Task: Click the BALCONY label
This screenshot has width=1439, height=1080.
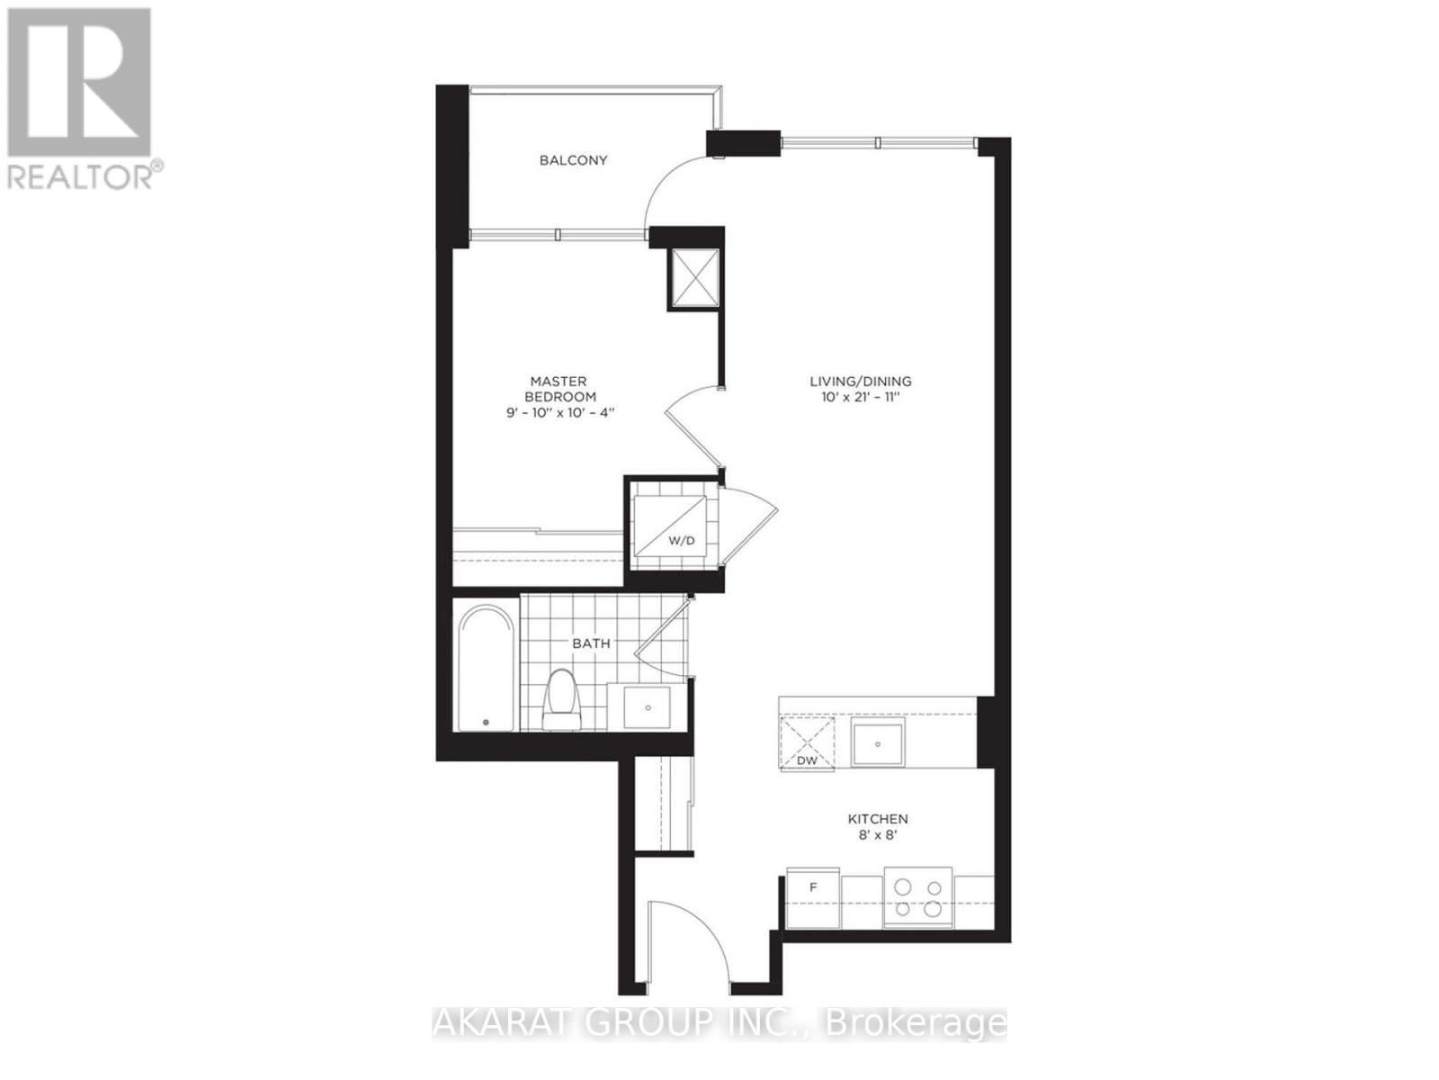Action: click(x=573, y=160)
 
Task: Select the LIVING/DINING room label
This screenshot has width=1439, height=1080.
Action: click(x=860, y=381)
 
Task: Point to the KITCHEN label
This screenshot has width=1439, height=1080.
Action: click(x=878, y=819)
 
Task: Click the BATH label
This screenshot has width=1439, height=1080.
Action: click(x=591, y=643)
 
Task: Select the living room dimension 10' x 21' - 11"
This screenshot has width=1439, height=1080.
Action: click(x=860, y=397)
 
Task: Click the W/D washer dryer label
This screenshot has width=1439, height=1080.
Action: click(x=681, y=541)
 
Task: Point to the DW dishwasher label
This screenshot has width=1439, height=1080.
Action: click(x=807, y=760)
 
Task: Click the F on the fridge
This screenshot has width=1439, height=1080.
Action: click(x=813, y=887)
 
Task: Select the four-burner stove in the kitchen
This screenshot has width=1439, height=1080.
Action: click(x=918, y=896)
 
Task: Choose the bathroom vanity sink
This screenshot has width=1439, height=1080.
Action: click(x=649, y=706)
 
